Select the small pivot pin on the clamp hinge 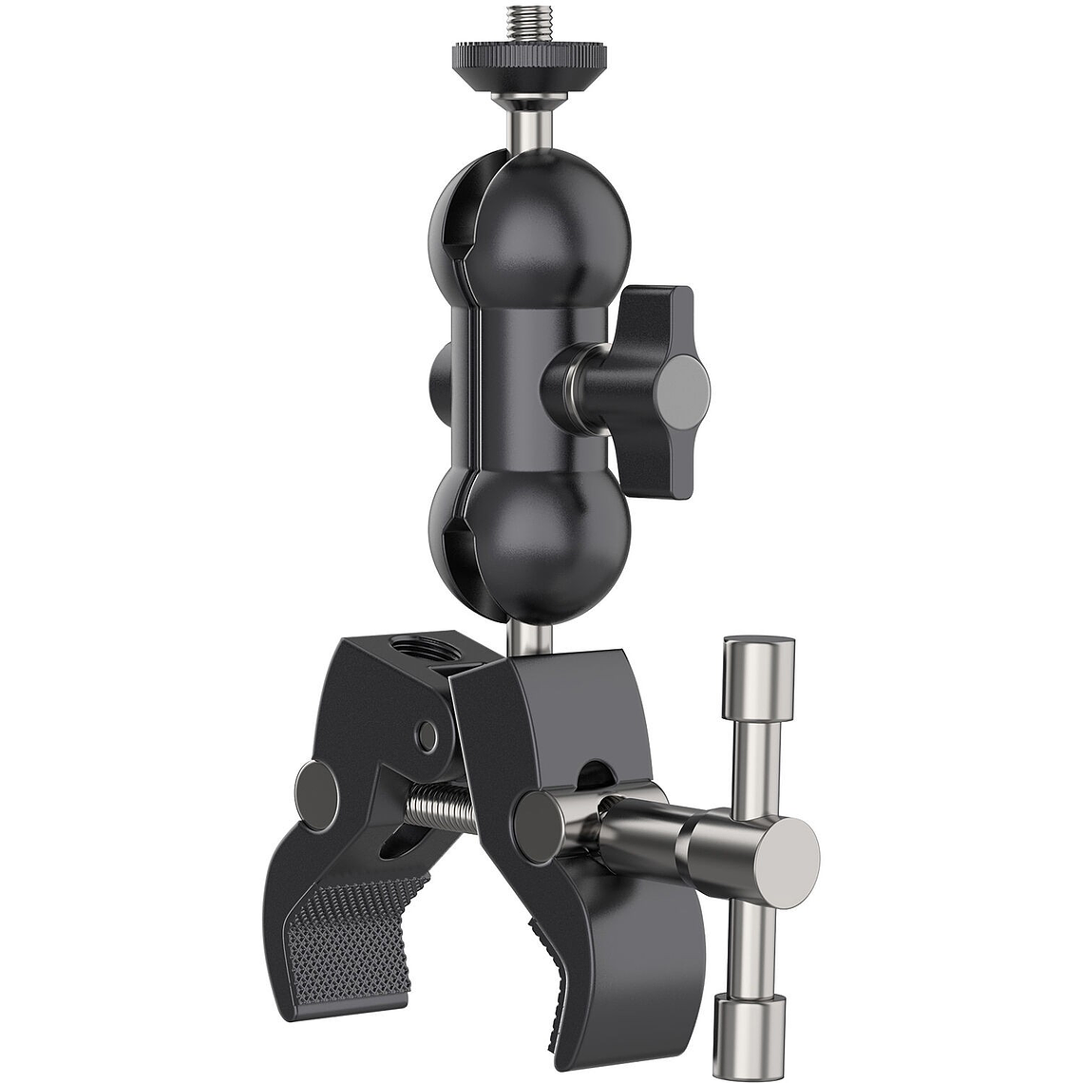pyautogui.click(x=428, y=734)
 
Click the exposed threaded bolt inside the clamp pyautogui.click(x=440, y=807)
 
